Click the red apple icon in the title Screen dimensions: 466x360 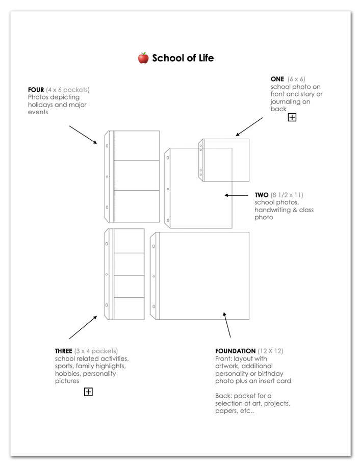point(143,58)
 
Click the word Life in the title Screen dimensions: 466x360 point(204,58)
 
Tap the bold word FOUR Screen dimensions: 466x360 point(36,90)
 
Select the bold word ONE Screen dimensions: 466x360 point(277,79)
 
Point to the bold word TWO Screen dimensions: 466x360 point(262,195)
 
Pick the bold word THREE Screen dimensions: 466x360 point(64,351)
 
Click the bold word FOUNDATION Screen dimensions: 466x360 point(236,351)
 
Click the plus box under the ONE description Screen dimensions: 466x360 point(292,118)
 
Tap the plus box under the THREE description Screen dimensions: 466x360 point(88,392)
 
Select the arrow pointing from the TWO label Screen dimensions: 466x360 point(235,195)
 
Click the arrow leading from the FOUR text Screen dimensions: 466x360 point(83,134)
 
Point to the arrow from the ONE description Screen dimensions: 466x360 point(249,126)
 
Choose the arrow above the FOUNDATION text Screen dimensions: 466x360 point(227,325)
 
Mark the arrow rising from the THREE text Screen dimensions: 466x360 point(83,327)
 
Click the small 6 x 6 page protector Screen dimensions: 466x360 point(224,160)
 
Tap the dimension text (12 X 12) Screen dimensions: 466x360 point(271,351)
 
